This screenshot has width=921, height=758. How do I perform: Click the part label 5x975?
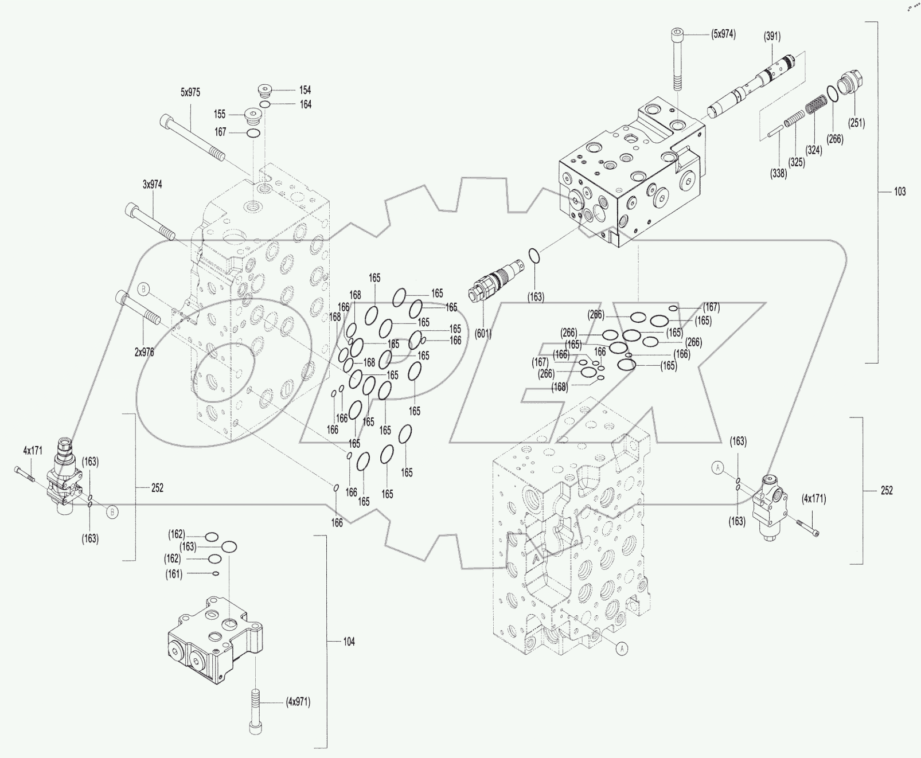tap(190, 92)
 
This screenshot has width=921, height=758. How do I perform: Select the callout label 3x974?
tap(153, 185)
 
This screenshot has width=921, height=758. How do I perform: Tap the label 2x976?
tap(144, 353)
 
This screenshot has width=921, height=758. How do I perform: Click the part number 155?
tap(220, 114)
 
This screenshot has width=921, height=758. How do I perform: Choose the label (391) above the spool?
tap(772, 36)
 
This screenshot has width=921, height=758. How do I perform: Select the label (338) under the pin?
tap(779, 174)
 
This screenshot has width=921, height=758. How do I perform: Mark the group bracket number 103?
tap(900, 192)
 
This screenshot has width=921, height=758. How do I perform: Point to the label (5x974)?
tap(724, 34)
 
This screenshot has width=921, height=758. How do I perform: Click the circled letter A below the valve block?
tap(622, 648)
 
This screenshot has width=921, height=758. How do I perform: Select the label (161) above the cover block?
tap(174, 574)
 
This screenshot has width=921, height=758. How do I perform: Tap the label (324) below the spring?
tap(813, 150)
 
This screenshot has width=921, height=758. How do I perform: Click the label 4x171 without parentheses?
tap(33, 451)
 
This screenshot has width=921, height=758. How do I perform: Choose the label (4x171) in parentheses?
tap(814, 498)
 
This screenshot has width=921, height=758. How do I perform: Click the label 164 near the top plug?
tap(306, 104)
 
